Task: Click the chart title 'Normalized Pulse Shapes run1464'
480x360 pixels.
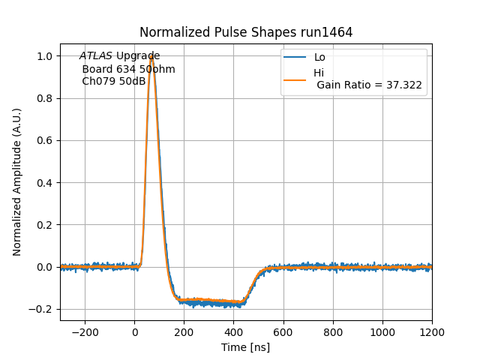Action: point(246,32)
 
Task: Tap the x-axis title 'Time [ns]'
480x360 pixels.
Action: point(245,347)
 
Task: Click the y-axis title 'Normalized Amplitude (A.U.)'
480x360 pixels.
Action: point(17,181)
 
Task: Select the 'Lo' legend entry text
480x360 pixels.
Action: point(319,57)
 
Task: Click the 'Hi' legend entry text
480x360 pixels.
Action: point(319,73)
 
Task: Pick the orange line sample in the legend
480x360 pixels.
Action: point(295,79)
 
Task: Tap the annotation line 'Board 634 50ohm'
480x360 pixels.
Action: point(128,69)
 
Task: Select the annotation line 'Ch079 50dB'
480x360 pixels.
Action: point(114,81)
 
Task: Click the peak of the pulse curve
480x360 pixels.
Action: point(151,55)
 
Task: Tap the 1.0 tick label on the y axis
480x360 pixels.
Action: point(44,56)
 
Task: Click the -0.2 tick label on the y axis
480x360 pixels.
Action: point(40,309)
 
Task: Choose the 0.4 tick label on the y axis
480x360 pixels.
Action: point(44,183)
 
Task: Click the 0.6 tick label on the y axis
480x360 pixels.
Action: point(44,141)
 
